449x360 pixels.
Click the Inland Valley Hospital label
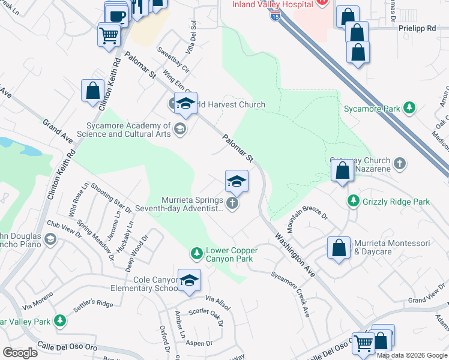273,4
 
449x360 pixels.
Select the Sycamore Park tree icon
409,108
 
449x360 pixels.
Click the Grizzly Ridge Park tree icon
354,201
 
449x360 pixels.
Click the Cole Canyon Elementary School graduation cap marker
189,281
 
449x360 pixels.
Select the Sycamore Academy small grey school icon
179,129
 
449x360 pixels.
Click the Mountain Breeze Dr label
308,222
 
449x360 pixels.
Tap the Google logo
20,353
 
